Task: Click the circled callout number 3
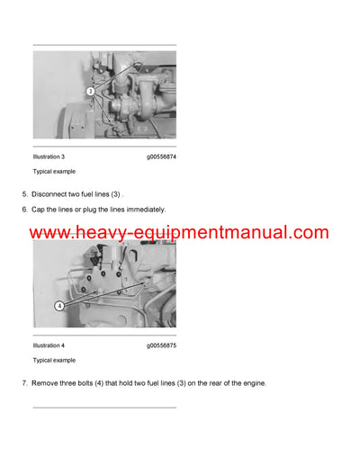pos(91,92)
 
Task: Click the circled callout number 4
pos(59,305)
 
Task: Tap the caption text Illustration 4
pos(49,345)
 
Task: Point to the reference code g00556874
pos(161,157)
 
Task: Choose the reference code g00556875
pos(161,345)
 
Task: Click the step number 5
pos(23,194)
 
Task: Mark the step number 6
pos(23,210)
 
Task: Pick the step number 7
pos(23,383)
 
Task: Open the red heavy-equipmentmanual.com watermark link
pos(180,233)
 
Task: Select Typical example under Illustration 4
pos(54,359)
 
